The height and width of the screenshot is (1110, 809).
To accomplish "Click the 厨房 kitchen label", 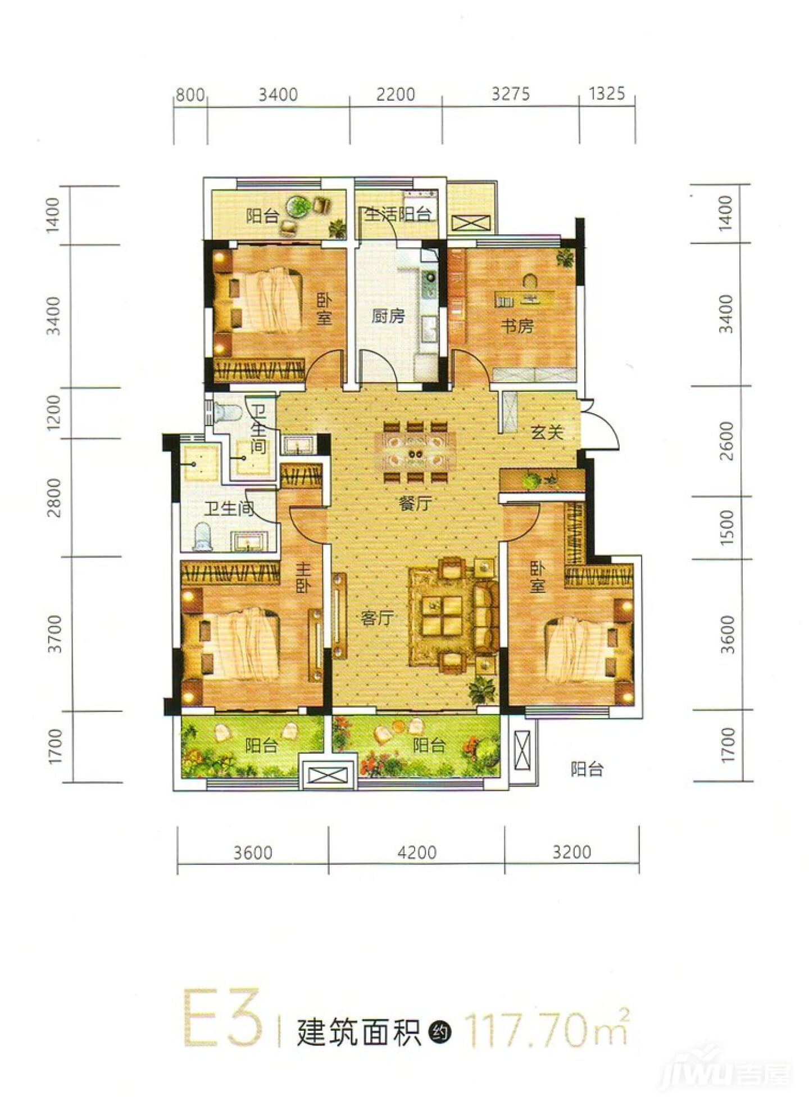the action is point(388,316).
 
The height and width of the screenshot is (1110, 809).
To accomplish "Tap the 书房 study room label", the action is point(517,325).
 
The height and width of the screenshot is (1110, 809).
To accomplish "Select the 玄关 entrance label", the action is point(547,432).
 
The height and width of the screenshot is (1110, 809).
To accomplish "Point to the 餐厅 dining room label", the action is point(415,504).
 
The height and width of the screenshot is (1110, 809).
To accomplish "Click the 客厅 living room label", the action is point(376,618).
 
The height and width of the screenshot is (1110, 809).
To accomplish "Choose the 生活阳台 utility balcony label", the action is point(398,214).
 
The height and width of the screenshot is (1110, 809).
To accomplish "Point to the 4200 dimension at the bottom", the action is point(417,852).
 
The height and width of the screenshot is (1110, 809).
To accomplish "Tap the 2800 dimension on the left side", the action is point(54,497).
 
